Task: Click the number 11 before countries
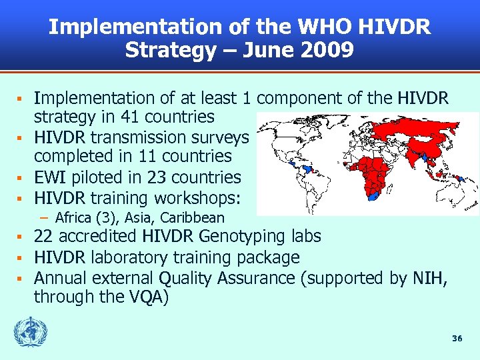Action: (155, 157)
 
